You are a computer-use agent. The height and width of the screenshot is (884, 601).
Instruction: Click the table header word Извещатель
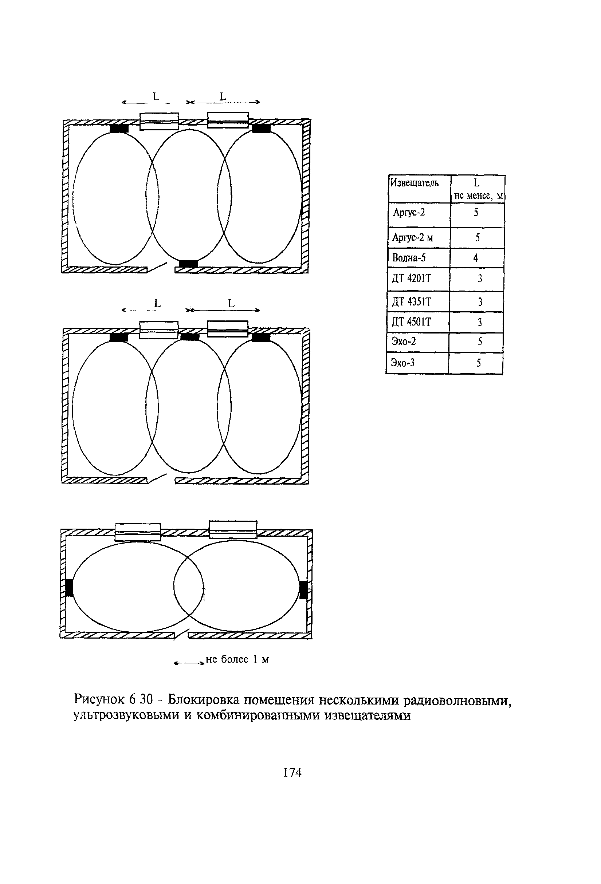tap(415, 183)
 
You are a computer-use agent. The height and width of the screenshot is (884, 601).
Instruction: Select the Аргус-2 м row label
tap(413, 238)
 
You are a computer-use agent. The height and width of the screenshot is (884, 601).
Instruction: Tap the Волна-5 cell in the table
tap(409, 258)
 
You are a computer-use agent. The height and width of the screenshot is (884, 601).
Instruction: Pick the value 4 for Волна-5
tap(476, 258)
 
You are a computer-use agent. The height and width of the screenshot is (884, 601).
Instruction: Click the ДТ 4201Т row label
tap(412, 279)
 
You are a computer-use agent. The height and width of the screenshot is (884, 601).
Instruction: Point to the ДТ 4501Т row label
tap(412, 322)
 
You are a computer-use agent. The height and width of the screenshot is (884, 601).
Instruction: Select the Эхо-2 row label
tap(404, 341)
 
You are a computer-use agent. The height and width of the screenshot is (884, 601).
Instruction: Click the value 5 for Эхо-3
tap(479, 363)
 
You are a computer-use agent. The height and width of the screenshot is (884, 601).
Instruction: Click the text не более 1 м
tap(237, 659)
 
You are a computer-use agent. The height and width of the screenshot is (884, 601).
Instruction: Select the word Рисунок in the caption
tap(100, 699)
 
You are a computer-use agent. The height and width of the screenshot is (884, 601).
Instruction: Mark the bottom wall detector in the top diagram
tap(188, 264)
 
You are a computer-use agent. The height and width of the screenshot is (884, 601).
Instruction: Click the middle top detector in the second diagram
tap(189, 337)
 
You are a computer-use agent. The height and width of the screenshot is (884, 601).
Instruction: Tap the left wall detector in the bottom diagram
tap(69, 588)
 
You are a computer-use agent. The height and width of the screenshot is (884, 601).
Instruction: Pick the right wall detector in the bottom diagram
tap(303, 590)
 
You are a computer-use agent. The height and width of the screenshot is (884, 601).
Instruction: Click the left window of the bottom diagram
tap(138, 532)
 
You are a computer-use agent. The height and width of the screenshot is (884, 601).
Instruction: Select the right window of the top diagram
tap(228, 120)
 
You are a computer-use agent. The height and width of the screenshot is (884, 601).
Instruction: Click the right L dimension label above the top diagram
tap(223, 97)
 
